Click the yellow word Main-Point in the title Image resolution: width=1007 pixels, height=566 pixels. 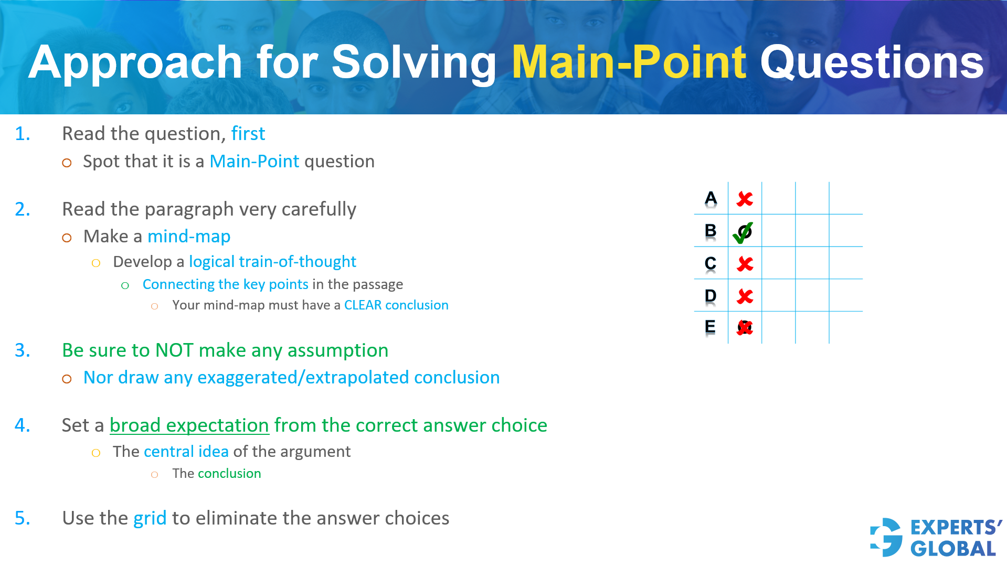coord(629,62)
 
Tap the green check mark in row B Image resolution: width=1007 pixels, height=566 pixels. coord(743,232)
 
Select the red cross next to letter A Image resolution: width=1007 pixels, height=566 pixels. coord(745,199)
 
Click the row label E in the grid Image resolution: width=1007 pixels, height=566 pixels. coord(710,327)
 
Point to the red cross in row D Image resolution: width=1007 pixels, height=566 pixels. coord(745,296)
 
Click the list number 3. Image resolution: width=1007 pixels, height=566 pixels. coord(22,350)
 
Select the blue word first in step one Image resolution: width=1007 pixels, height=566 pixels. coord(248,134)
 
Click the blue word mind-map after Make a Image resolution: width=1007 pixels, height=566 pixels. coord(189,237)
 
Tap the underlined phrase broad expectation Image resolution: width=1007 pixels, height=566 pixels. coord(189,425)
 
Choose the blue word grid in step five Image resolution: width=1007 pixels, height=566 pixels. coord(150,518)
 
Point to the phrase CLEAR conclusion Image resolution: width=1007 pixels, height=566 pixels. coord(396,305)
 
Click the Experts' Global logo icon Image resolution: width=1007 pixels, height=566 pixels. coord(886,537)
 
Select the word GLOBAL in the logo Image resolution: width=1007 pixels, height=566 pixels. coord(953,549)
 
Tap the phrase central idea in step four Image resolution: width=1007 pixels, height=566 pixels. coord(186,452)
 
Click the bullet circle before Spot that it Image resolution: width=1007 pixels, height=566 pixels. coord(67,163)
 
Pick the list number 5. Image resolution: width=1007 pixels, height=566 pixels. coord(22,518)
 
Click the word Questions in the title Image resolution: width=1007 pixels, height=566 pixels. coord(872,62)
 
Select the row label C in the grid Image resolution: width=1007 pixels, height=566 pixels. coord(711,263)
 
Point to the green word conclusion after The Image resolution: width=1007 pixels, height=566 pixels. coord(229,474)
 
